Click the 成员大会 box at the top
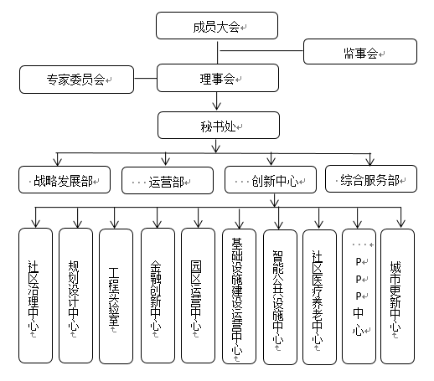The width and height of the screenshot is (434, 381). pos(217,25)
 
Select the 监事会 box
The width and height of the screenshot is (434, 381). pos(360,52)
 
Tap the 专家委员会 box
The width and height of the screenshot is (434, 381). pos(76,80)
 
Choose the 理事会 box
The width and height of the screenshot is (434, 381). pos(218,78)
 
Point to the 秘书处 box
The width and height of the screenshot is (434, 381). pos(219,126)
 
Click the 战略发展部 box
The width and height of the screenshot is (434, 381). pos(65,179)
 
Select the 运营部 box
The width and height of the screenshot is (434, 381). pos(168,180)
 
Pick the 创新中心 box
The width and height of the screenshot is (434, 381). pos(271,179)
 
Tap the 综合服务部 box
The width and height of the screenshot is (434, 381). pos(371,178)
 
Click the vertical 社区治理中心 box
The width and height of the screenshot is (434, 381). pos(35,296)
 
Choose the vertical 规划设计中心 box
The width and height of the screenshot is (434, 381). pos(75,296)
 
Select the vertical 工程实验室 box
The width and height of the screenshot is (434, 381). pos(116,296)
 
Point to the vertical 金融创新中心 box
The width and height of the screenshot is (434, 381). pos(158,296)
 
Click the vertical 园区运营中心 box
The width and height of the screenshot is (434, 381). pos(198,296)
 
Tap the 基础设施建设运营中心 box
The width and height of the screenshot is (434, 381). pos(239,296)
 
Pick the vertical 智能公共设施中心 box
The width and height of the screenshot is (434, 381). pos(280,297)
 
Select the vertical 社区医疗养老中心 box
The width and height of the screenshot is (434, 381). pos(319,297)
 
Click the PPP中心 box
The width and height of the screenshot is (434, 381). pos(359,296)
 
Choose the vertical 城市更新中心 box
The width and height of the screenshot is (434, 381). pos(397,296)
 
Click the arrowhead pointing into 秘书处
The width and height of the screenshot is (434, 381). pos(216,106)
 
